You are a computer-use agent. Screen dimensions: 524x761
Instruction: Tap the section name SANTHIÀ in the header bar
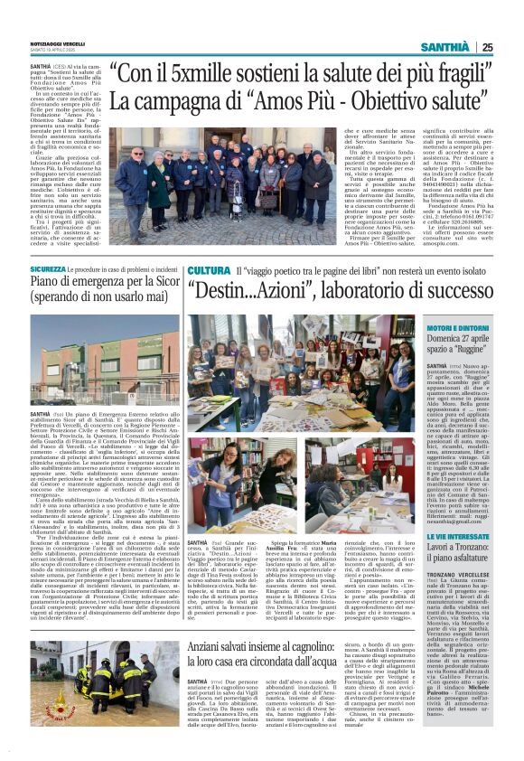click(x=448, y=47)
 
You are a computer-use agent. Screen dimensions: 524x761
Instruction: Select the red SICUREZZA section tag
click(x=48, y=269)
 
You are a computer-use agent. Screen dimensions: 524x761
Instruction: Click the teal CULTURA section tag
click(x=209, y=270)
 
